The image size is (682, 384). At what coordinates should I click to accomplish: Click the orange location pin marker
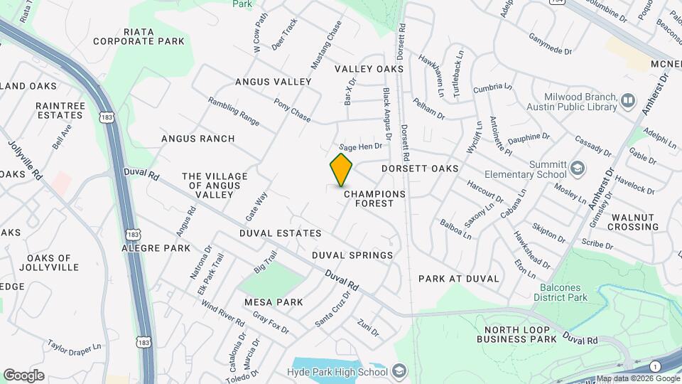coord(341,169)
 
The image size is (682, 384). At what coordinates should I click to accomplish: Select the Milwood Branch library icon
coord(627,100)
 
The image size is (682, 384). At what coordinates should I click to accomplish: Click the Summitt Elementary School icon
coord(578,169)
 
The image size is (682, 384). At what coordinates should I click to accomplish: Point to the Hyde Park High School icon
coord(399,371)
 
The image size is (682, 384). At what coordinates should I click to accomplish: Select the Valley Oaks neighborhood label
coord(369,69)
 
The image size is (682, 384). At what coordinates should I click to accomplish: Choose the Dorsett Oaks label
coord(419,169)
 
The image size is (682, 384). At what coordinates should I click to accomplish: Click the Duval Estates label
coord(280,233)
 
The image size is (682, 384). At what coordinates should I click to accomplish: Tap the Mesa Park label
coord(274,302)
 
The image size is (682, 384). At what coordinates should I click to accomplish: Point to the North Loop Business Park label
coord(520,335)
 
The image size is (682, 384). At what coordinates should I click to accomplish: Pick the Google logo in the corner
coord(23,375)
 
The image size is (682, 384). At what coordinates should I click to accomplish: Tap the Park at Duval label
coord(459,279)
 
